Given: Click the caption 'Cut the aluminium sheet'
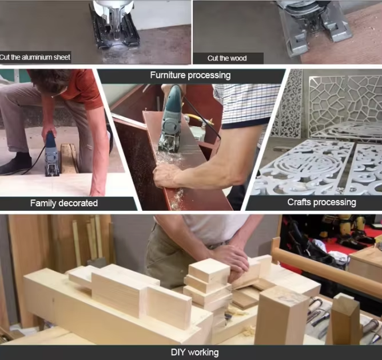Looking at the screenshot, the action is click(x=35, y=57).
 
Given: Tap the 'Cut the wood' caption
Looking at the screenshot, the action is click(x=227, y=58).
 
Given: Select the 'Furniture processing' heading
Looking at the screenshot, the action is click(x=190, y=75).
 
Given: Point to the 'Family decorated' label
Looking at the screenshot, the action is click(x=64, y=203).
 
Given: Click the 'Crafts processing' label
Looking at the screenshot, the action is click(x=321, y=202).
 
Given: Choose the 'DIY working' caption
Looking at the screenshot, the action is click(x=194, y=352).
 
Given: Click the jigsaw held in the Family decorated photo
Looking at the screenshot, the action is click(x=51, y=154).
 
